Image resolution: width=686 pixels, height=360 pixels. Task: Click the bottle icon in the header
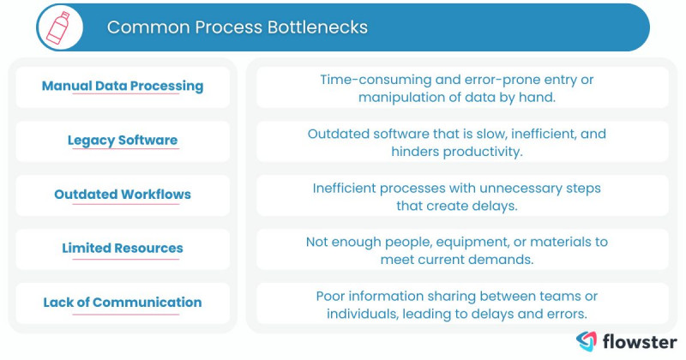(59, 27)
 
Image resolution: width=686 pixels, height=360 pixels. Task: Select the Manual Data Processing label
(123, 86)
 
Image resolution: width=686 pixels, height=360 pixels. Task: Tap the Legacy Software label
(123, 140)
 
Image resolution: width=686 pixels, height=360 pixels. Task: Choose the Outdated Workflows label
(123, 194)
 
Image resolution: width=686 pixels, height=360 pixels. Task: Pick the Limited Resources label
(123, 248)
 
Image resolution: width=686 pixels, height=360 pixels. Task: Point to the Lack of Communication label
(123, 302)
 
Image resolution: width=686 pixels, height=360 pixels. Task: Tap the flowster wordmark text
(640, 340)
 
